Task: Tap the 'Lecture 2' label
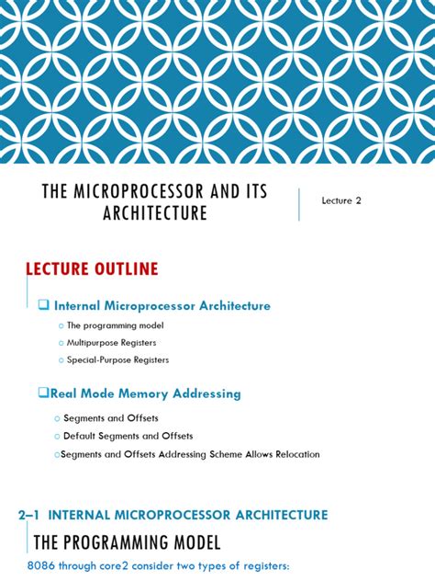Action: (x=341, y=200)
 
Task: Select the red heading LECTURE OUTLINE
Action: (x=91, y=269)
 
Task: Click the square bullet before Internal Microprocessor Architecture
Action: (x=44, y=305)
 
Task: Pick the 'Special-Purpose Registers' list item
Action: (x=117, y=359)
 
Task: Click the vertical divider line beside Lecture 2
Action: (x=299, y=203)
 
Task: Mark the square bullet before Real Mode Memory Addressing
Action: (x=43, y=393)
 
